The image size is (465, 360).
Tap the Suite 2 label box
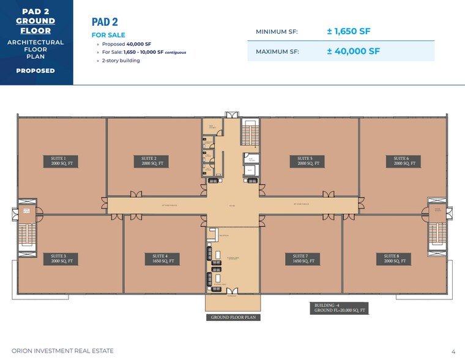pyautogui.click(x=149, y=161)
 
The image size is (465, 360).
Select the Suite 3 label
pyautogui.click(x=62, y=258)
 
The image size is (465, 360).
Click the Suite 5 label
pyautogui.click(x=309, y=161)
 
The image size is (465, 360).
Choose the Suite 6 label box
pyautogui.click(x=401, y=161)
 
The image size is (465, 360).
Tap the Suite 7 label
pyautogui.click(x=304, y=258)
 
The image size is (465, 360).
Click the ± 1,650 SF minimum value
pyautogui.click(x=348, y=31)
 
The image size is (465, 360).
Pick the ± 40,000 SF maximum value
pyautogui.click(x=353, y=51)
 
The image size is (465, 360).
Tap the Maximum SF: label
pyautogui.click(x=276, y=52)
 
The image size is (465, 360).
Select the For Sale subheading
pyautogui.click(x=107, y=36)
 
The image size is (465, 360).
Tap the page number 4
pyautogui.click(x=453, y=351)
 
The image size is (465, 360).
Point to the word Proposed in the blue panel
pyautogui.click(x=35, y=70)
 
